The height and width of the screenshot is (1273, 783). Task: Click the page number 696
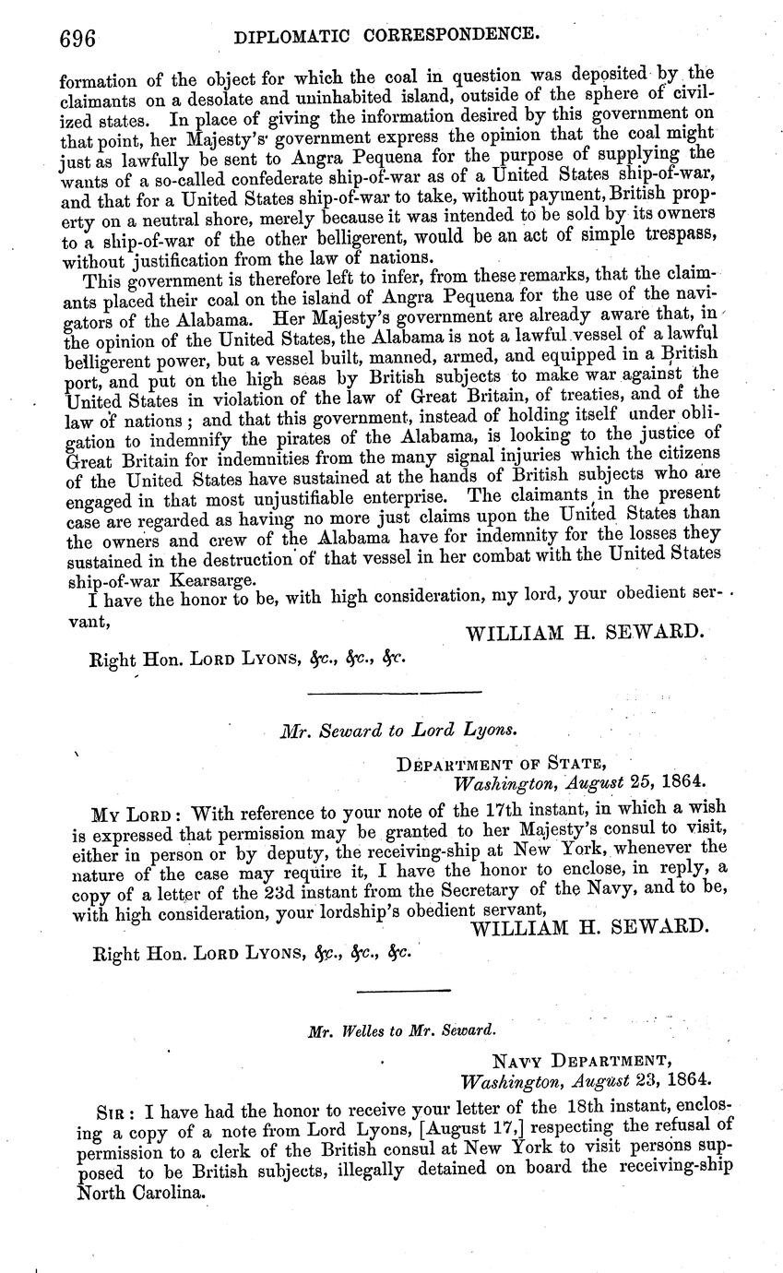78,38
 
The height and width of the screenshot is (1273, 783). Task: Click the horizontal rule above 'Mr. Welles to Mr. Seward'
403,990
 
